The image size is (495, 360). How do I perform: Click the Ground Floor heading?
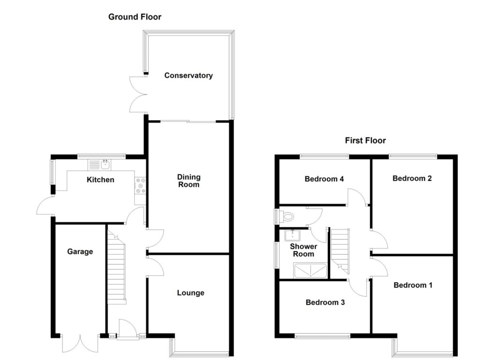[135, 17]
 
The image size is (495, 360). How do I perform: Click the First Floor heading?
[365, 141]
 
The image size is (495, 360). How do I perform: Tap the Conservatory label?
[189, 75]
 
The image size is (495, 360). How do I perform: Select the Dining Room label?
[189, 181]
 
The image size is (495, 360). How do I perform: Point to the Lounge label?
[190, 293]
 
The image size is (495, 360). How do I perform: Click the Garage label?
[80, 251]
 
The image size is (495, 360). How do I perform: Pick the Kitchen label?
[101, 180]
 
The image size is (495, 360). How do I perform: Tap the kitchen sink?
[99, 165]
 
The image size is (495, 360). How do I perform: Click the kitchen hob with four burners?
[140, 186]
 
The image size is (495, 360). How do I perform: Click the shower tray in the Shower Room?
[310, 271]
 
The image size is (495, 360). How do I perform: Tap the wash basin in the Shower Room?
[292, 235]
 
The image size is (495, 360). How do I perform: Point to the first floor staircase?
[340, 251]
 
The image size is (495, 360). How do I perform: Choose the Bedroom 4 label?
[324, 179]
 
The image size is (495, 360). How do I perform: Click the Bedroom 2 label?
[412, 178]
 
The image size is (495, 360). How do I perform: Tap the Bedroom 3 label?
[325, 302]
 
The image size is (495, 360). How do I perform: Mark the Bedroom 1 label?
[413, 285]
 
